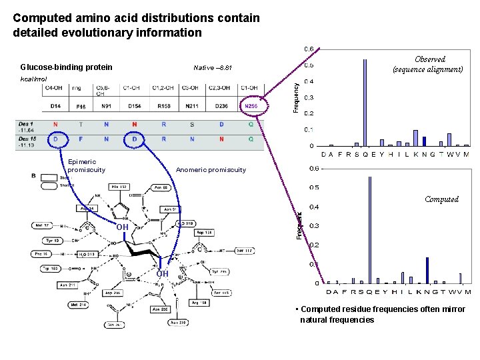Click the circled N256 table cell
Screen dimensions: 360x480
251,106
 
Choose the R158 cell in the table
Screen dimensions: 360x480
164,106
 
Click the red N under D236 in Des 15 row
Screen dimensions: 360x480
222,139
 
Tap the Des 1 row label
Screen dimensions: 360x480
27,124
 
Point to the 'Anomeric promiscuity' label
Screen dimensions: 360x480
211,169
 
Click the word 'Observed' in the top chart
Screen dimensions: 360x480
429,59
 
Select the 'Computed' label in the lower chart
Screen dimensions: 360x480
441,199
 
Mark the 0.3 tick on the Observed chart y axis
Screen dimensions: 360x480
309,98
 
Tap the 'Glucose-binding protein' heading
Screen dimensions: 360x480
66,67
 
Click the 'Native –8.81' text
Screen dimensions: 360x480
212,68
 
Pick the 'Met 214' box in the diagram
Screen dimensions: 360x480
79,305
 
